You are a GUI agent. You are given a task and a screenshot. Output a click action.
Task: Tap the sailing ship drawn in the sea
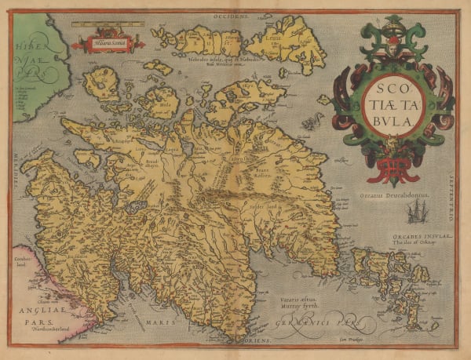[x=417, y=210]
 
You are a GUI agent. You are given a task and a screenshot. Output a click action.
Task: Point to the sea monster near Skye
[x=313, y=122]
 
